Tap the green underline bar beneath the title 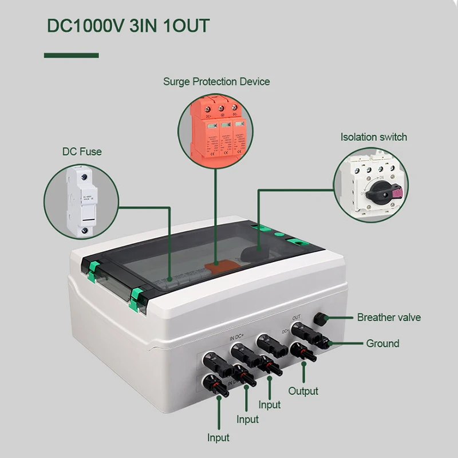72,55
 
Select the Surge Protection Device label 216,81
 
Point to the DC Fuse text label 82,152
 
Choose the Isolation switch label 373,137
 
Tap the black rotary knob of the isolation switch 378,189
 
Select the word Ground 382,343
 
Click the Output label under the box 303,391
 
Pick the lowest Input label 218,438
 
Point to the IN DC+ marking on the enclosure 240,338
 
